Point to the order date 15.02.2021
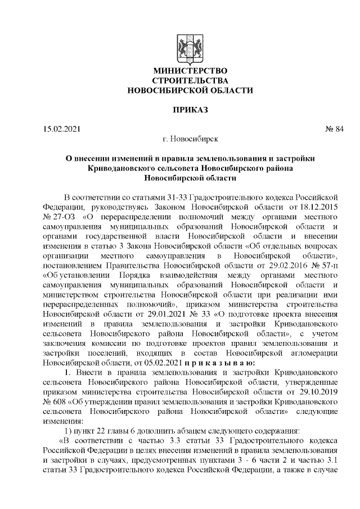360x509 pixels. coord(62,130)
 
